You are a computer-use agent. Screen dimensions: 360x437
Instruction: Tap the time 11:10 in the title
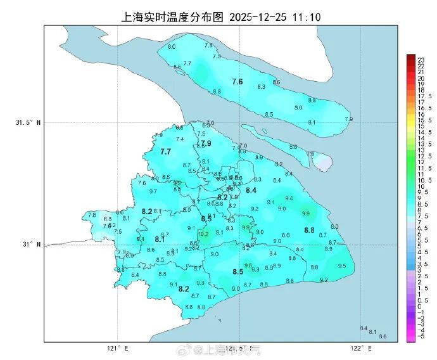(x=306, y=17)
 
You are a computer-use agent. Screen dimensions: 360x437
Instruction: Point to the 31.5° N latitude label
(x=28, y=122)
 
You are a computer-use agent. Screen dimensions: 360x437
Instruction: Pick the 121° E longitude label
(x=117, y=348)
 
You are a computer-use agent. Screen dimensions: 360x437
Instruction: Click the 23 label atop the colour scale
(x=419, y=58)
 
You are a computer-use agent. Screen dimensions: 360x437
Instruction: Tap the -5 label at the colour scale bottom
(x=419, y=337)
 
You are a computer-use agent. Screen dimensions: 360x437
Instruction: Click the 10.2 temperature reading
(x=203, y=234)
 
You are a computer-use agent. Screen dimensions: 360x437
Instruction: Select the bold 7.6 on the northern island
(x=237, y=82)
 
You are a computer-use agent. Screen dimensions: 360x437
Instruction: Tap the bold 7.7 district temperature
(x=166, y=151)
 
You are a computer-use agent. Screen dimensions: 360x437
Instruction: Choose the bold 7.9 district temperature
(x=206, y=143)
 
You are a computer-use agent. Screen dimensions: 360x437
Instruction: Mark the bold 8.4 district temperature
(x=251, y=190)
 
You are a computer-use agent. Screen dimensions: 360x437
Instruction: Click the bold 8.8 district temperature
(x=309, y=230)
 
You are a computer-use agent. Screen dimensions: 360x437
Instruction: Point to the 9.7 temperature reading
(x=153, y=191)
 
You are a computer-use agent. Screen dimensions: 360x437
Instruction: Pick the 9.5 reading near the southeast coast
(x=342, y=266)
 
